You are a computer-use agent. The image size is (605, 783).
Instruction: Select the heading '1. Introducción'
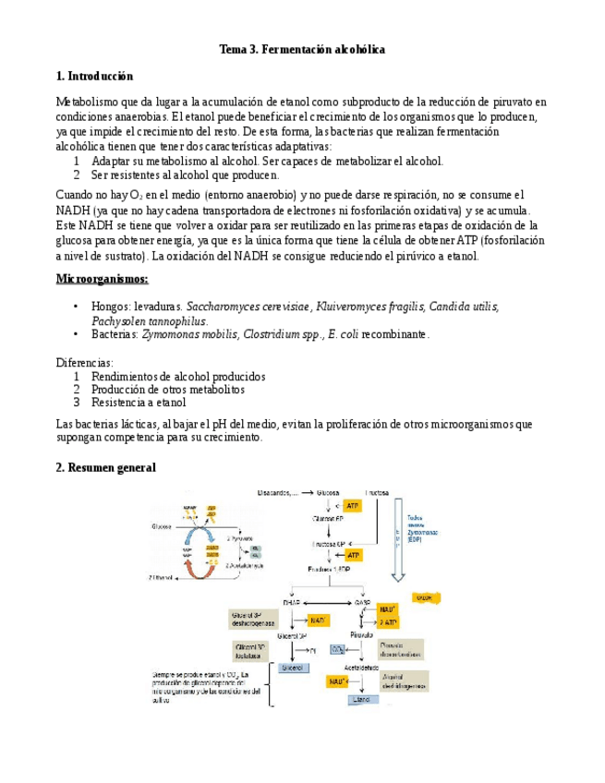coord(94,76)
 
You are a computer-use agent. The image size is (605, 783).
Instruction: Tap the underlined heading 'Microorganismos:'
coord(102,279)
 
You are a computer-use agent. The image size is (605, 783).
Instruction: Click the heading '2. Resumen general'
coord(106,468)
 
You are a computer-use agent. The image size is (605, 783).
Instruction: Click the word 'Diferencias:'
coord(85,363)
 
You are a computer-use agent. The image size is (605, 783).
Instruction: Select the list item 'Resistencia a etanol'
coord(139,402)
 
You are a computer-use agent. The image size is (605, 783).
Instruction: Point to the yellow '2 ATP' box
coord(388,622)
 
